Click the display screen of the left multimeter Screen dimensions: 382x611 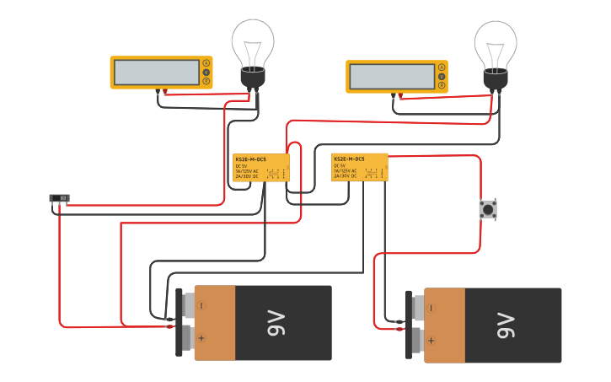[156, 73]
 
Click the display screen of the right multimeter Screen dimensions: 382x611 [392, 77]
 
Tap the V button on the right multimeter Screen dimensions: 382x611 [441, 77]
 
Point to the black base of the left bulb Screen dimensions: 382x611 [253, 78]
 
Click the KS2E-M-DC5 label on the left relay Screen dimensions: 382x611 [252, 159]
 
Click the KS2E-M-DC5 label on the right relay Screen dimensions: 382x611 [350, 159]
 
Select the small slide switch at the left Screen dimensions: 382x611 [59, 199]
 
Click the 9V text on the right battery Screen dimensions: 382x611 [505, 326]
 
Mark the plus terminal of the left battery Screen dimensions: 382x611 [201, 340]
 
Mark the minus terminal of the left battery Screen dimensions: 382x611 [201, 306]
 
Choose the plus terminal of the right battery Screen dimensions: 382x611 [431, 342]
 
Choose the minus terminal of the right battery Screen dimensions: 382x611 [431, 309]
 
